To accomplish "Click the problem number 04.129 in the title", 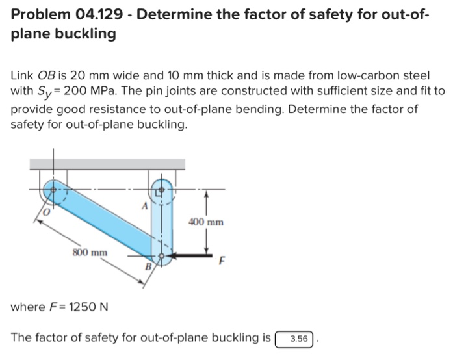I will [94, 14].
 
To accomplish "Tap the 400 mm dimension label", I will [206, 222].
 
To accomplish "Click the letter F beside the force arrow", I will [222, 263].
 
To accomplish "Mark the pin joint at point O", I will [53, 191].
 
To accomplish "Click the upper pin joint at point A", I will [159, 190].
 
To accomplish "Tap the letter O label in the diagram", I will [45, 212].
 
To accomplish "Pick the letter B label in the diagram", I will [148, 266].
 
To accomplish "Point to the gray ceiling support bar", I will [107, 164].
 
